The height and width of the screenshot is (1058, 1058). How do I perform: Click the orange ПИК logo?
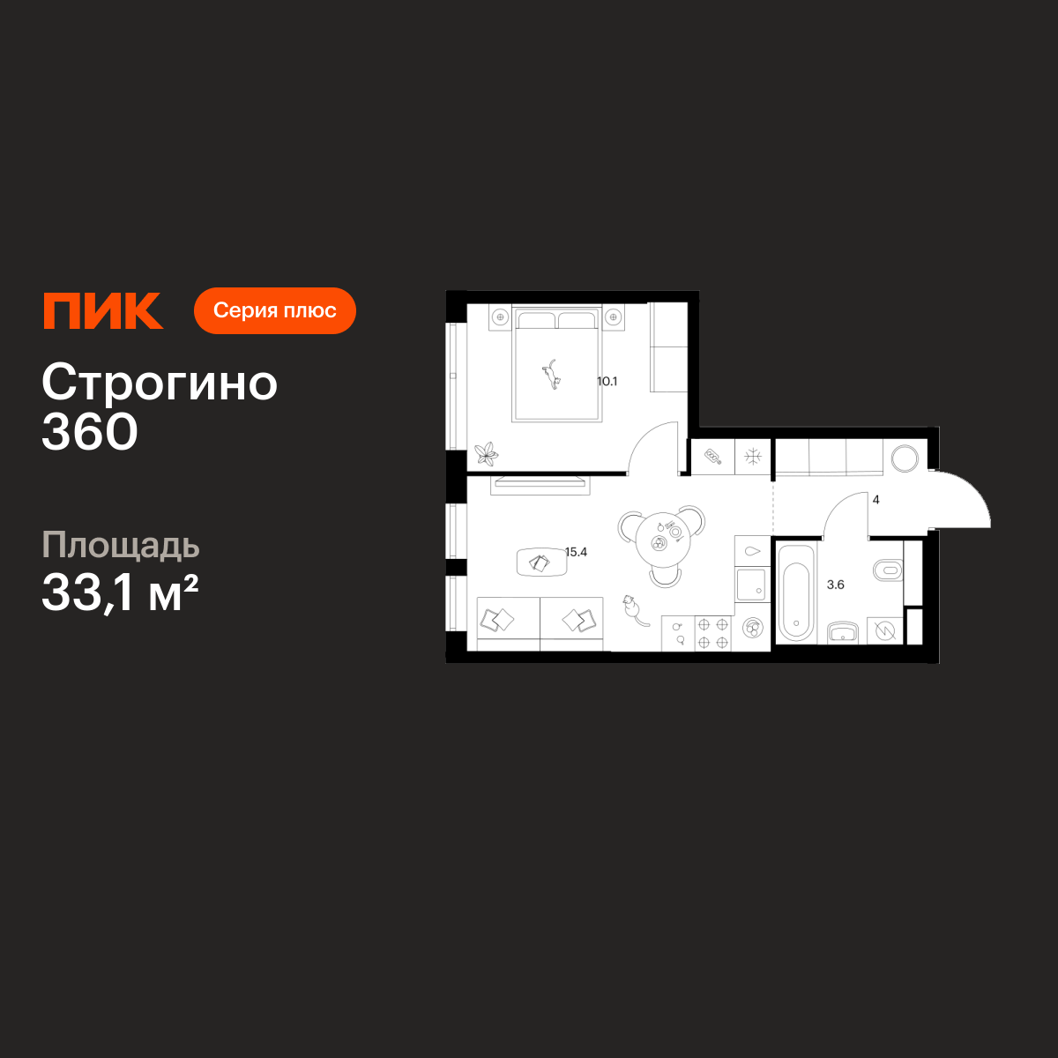point(103,310)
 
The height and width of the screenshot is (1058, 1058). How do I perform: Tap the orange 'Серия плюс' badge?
point(275,310)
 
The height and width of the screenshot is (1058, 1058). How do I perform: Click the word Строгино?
point(160,383)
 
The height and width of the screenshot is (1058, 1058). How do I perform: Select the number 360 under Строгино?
point(90,431)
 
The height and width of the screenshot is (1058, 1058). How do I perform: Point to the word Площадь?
point(121,546)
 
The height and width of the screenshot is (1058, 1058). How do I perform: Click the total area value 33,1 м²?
point(120,593)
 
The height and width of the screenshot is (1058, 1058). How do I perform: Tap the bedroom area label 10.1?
point(607,381)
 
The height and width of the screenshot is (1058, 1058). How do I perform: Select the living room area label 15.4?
point(577,552)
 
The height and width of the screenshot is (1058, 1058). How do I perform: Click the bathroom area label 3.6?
point(836,585)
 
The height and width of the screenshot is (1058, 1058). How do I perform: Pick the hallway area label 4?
point(875,500)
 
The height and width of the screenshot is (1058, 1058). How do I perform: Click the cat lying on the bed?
point(551,374)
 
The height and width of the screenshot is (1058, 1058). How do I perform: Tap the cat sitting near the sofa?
point(634,610)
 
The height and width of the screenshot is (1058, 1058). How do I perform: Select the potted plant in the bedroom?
point(487,454)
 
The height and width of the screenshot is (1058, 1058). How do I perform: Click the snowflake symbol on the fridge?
point(753,456)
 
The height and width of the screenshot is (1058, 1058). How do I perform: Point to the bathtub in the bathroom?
point(795,593)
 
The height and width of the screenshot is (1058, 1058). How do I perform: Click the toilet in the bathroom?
point(888,570)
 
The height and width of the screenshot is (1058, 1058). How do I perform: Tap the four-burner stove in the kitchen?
point(712,633)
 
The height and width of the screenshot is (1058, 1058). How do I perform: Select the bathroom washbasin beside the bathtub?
point(843,632)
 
